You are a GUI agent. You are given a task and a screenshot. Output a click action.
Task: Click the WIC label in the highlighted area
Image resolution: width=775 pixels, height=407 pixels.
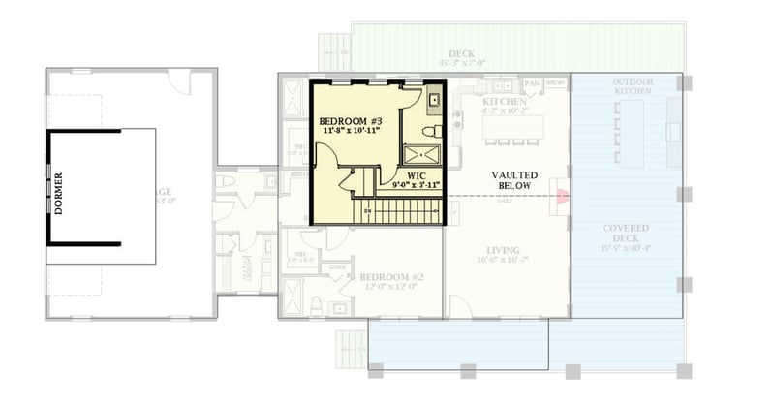[417, 176]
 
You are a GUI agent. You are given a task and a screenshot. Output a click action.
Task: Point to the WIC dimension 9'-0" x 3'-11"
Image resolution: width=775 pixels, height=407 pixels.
[417, 185]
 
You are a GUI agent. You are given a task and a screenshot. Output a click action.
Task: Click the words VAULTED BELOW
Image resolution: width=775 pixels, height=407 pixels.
[508, 177]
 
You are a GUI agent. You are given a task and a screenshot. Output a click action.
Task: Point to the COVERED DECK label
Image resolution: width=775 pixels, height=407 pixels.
[625, 234]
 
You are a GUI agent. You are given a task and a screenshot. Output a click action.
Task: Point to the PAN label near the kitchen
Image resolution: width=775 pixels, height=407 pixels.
[532, 84]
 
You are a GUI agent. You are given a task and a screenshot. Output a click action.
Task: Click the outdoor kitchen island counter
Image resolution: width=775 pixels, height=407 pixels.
[669, 133]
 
